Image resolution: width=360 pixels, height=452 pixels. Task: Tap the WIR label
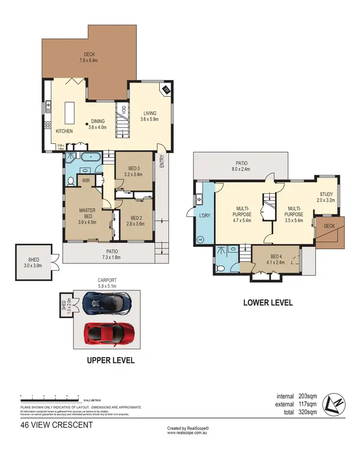[86, 181]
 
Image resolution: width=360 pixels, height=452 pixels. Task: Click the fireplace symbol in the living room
[166, 89]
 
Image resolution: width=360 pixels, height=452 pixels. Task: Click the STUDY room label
[326, 197]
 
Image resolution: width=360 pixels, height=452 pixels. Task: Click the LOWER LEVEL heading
[268, 303]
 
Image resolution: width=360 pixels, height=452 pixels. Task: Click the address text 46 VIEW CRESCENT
[56, 425]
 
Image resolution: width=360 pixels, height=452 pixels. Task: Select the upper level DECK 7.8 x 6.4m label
[88, 58]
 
